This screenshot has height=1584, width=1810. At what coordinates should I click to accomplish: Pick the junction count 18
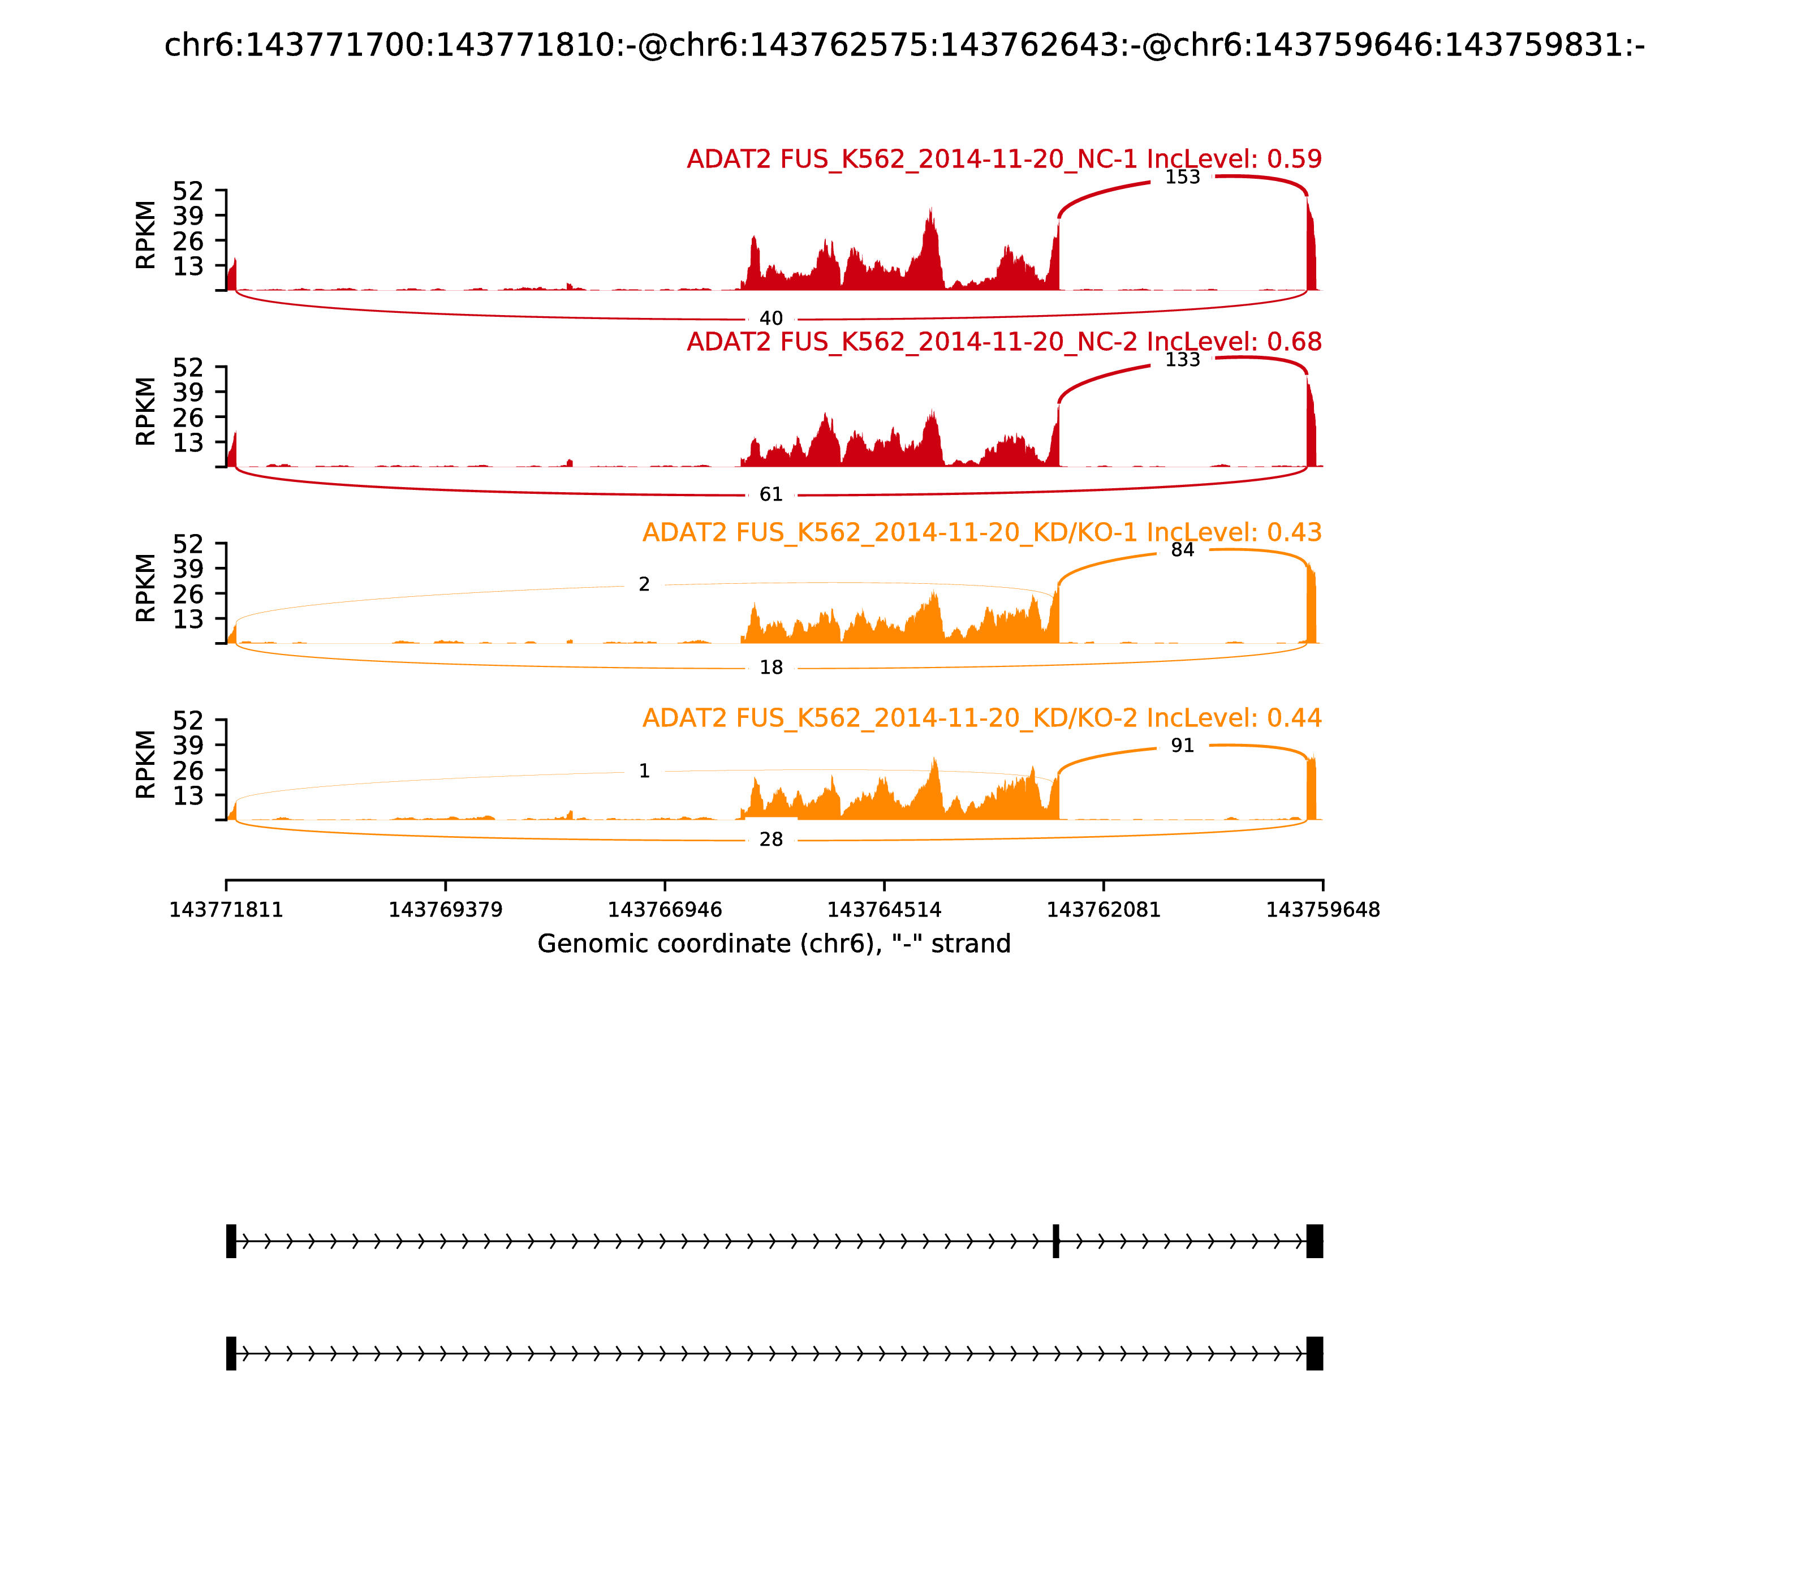pos(770,668)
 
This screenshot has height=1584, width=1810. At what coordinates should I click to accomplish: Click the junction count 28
pos(770,840)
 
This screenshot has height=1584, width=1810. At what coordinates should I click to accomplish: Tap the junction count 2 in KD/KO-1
pos(644,584)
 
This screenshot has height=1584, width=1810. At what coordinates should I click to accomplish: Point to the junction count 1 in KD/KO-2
pos(644,772)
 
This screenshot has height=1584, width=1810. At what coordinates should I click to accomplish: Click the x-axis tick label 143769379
pos(446,910)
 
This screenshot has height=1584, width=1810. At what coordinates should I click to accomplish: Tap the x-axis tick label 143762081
pos(1103,910)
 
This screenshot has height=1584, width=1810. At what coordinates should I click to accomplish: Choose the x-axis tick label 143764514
pos(884,910)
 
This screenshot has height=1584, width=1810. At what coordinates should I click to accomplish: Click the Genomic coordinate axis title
pos(773,944)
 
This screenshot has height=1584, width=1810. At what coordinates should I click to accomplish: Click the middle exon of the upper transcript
pos(1055,1241)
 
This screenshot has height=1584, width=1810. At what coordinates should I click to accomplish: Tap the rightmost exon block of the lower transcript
pos(1314,1353)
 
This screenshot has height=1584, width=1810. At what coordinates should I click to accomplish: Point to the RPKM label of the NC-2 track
pos(146,411)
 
